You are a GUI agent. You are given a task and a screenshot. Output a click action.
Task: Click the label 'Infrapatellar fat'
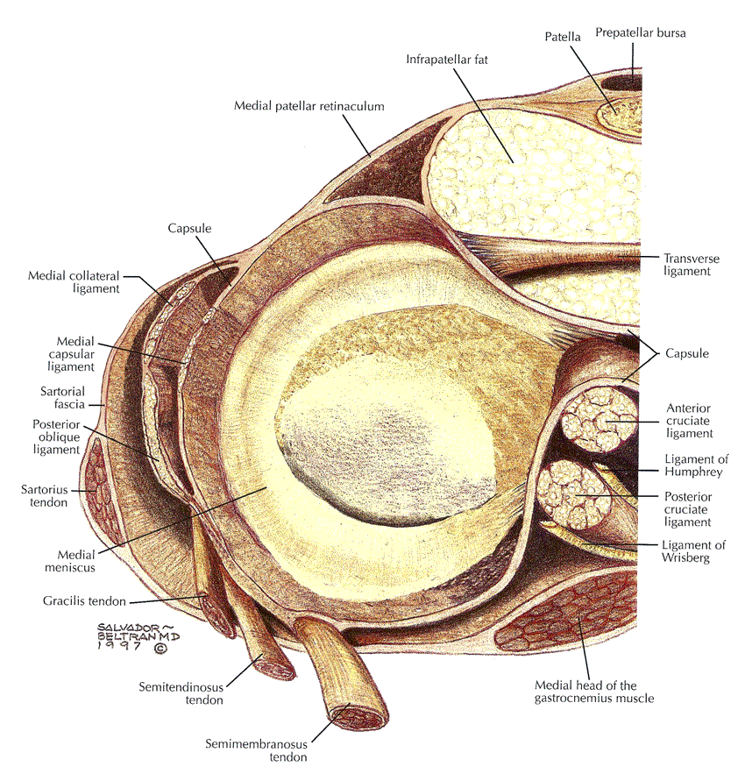click(447, 60)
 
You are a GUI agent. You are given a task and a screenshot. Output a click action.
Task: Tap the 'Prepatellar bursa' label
click(641, 33)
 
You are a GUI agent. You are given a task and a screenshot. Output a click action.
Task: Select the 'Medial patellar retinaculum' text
click(309, 106)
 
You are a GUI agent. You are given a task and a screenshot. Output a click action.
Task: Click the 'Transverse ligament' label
click(692, 265)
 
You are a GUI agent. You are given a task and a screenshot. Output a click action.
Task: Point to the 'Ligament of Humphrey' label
click(696, 465)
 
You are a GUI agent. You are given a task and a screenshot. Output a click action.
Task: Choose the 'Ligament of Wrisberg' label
click(693, 550)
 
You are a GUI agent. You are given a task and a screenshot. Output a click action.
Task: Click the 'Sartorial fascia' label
click(63, 397)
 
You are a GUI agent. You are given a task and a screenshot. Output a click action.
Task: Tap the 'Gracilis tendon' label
click(84, 601)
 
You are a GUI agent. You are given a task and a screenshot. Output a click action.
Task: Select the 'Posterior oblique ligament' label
click(56, 437)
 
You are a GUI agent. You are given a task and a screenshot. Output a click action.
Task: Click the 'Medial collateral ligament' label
click(74, 282)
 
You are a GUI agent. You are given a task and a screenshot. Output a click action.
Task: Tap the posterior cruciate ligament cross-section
click(574, 494)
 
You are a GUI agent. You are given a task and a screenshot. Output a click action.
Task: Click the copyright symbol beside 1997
click(160, 648)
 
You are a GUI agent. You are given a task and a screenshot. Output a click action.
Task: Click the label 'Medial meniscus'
click(70, 561)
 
